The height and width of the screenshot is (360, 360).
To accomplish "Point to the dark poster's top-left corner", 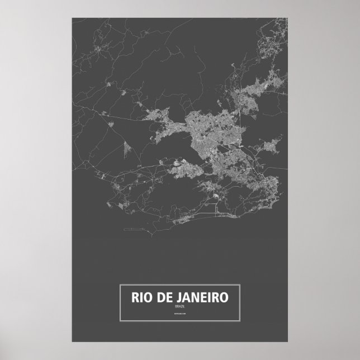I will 72,18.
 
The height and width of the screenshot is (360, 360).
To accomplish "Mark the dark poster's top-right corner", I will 288,18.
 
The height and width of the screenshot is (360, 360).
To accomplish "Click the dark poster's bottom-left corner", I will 72,342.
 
